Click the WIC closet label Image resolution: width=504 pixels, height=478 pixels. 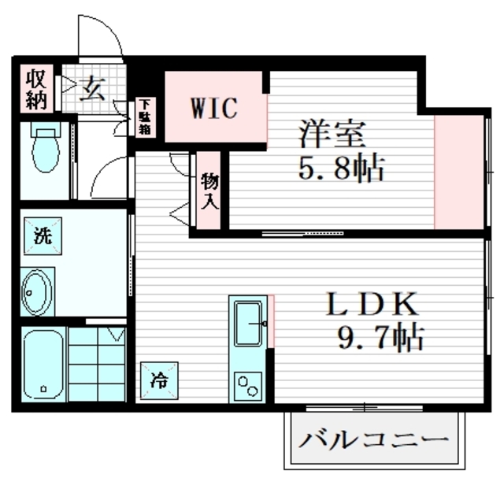click(212, 109)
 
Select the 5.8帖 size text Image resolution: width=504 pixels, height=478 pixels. click(340, 168)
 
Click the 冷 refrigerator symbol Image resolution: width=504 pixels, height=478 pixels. click(158, 380)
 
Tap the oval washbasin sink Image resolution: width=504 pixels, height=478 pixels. click(36, 291)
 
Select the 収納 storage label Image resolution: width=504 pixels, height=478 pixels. click(36, 89)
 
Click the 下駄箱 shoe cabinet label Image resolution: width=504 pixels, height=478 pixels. click(146, 116)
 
